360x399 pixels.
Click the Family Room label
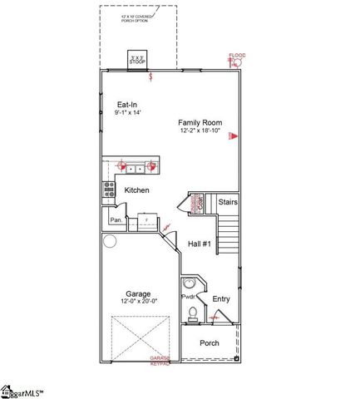coord(198,122)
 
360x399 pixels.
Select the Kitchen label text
coord(136,190)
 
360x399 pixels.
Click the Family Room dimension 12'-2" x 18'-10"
coord(198,131)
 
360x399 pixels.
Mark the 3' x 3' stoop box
coord(137,62)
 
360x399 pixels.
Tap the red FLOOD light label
coord(238,56)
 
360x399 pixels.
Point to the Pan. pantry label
coord(116,219)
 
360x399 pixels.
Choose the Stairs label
coord(228,201)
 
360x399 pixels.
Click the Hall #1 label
coord(200,244)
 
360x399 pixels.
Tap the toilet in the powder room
coord(193,313)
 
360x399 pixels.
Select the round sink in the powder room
coord(190,282)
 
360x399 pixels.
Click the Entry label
coord(221,299)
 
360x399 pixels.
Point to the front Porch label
coord(209,343)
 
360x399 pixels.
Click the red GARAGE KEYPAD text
coord(160,361)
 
